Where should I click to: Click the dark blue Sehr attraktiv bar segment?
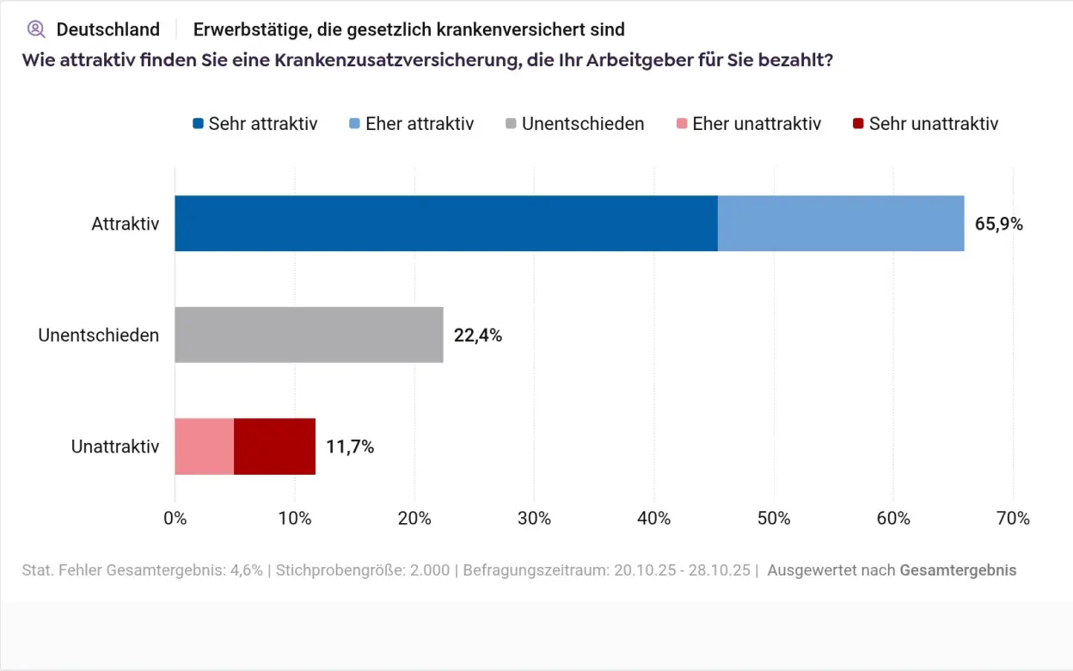click(x=445, y=224)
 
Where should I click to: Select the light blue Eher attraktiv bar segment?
click(x=840, y=224)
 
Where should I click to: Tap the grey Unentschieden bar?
click(x=309, y=335)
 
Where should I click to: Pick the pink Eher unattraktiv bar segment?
click(x=204, y=446)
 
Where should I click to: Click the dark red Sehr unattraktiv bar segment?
click(x=274, y=446)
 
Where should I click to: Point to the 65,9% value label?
click(x=998, y=225)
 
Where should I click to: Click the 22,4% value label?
click(x=477, y=335)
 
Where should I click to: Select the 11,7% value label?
click(x=349, y=447)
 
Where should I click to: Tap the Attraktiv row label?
click(x=126, y=224)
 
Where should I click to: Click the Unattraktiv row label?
click(x=115, y=447)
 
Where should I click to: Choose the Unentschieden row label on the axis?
click(x=99, y=335)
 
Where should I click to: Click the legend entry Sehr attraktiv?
click(x=254, y=124)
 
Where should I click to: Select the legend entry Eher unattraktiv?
click(x=748, y=124)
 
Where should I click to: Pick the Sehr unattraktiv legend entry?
click(x=924, y=124)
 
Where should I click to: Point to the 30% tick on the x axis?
click(x=534, y=519)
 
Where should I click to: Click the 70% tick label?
click(x=1013, y=519)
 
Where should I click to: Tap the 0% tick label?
click(x=175, y=519)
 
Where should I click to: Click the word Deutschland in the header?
click(x=108, y=29)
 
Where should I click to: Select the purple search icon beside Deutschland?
click(x=36, y=29)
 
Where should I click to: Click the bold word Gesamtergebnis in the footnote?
click(x=958, y=570)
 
